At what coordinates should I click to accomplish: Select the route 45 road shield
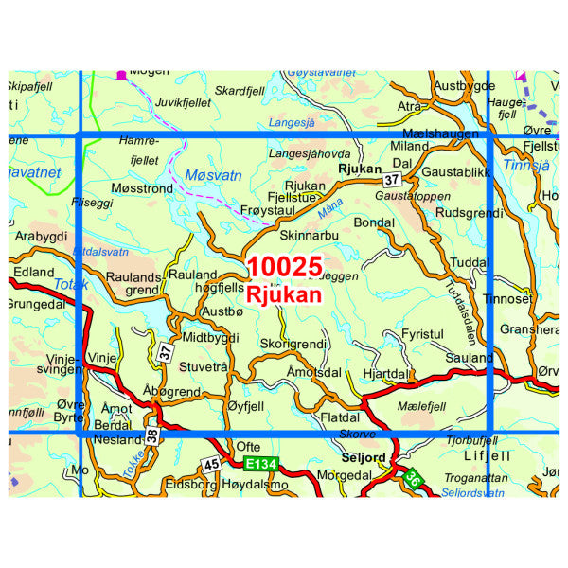click(211, 464)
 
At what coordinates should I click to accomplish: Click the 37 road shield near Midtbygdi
click(167, 352)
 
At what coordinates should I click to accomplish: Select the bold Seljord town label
click(363, 458)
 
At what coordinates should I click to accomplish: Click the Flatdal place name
click(342, 416)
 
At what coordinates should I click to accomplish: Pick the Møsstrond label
click(142, 189)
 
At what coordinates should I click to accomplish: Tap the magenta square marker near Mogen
click(121, 73)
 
